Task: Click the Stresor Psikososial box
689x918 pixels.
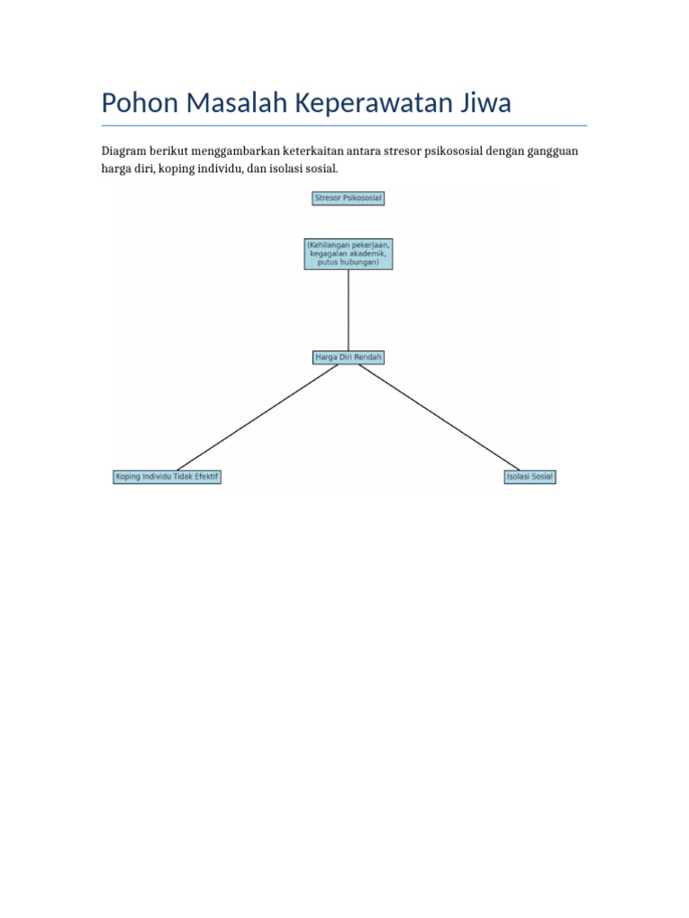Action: pyautogui.click(x=348, y=198)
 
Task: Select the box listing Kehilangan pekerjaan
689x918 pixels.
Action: pyautogui.click(x=348, y=254)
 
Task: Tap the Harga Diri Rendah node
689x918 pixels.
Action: pyautogui.click(x=348, y=357)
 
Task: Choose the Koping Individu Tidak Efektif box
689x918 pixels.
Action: pyautogui.click(x=167, y=477)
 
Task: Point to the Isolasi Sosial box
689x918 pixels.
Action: pyautogui.click(x=529, y=477)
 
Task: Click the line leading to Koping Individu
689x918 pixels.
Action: pyautogui.click(x=257, y=418)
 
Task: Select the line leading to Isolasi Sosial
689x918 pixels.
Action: pyautogui.click(x=439, y=417)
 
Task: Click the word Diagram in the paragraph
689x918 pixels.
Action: pyautogui.click(x=124, y=151)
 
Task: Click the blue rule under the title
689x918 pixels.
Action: pyautogui.click(x=344, y=126)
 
